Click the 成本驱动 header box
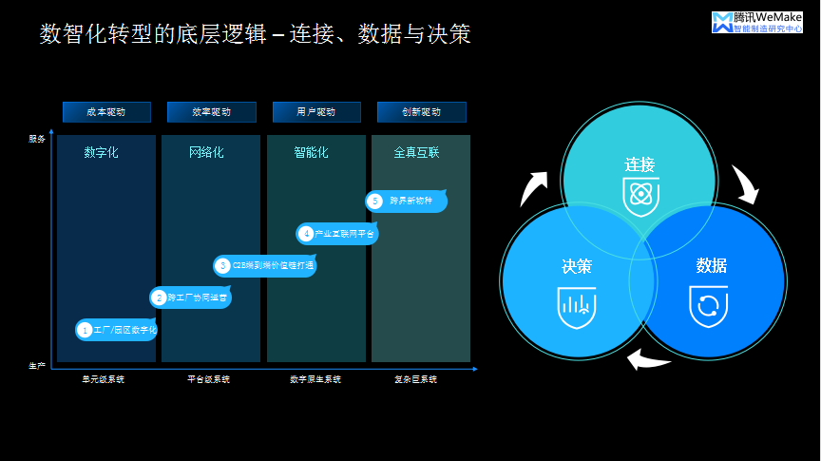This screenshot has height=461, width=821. [106, 112]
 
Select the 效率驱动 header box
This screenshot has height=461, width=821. [211, 112]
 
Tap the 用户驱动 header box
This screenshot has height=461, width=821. [316, 112]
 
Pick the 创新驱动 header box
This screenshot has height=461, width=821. [421, 112]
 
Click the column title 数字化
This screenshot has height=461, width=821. [101, 152]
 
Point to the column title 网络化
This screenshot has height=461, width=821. [206, 152]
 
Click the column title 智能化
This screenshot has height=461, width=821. [311, 152]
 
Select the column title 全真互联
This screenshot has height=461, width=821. [416, 152]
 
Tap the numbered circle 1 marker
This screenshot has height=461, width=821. [85, 330]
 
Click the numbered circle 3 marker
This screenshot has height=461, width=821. [222, 266]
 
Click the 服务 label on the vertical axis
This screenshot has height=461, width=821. [37, 139]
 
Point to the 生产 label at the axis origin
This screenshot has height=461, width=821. [37, 366]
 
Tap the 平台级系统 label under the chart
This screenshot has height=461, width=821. [208, 379]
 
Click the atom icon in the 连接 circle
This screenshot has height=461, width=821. [640, 196]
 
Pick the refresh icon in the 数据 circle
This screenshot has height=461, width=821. [708, 306]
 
